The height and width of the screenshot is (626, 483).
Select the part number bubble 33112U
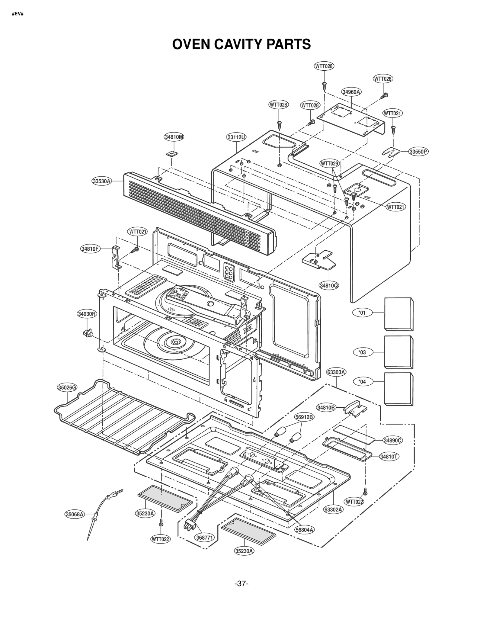tap(236, 137)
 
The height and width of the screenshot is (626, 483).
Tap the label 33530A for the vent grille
tap(102, 181)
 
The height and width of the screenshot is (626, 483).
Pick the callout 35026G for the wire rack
tap(67, 387)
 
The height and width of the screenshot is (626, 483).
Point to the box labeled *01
tap(398, 314)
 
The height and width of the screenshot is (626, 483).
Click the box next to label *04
tap(398, 389)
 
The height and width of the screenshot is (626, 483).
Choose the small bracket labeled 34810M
tap(172, 153)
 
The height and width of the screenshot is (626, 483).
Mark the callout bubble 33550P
tap(419, 152)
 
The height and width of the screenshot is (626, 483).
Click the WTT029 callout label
tap(330, 164)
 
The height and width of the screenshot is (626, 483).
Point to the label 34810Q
tap(329, 285)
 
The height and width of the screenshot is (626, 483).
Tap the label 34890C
tap(393, 440)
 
